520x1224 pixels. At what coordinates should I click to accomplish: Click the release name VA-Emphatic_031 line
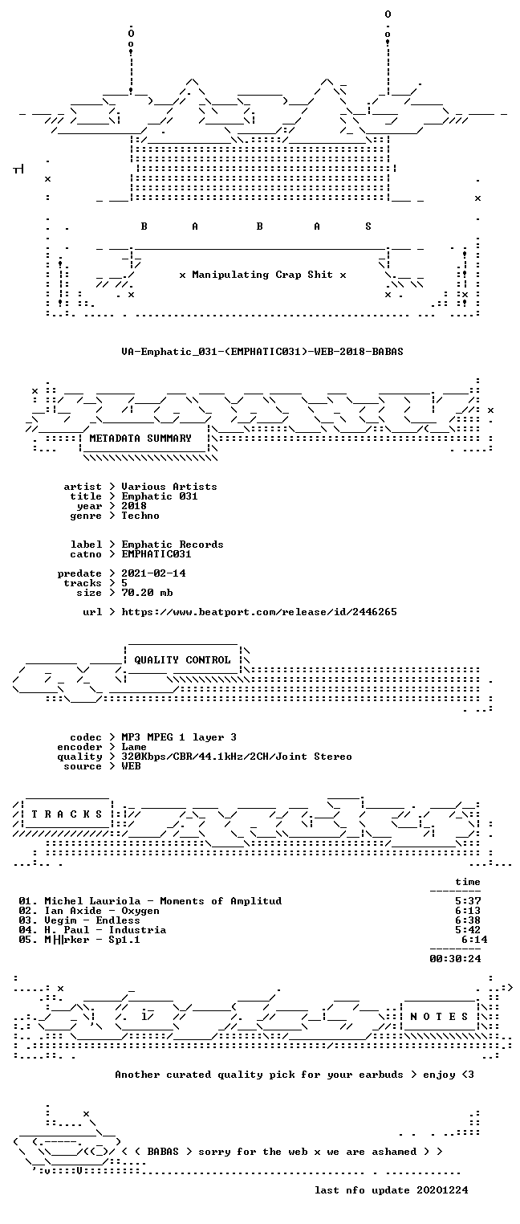262,351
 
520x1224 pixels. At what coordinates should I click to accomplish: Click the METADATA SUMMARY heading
140,439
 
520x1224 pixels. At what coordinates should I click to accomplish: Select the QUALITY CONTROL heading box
182,659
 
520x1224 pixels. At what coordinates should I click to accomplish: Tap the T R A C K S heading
67,814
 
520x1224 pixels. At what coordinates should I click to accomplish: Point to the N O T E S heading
439,1016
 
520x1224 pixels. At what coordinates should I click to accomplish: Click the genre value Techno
140,516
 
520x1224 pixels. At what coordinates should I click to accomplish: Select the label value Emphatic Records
172,545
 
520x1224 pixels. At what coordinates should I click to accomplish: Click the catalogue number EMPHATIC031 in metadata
156,554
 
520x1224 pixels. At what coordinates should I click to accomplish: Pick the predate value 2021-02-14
153,573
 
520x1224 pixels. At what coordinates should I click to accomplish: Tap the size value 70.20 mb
147,593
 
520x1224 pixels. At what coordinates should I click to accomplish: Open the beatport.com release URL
259,612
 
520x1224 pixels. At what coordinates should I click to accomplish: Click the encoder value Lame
134,747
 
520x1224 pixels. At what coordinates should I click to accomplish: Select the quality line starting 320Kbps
237,757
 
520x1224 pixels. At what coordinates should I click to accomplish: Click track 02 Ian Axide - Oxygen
89,911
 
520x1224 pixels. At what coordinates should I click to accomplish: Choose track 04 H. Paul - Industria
92,930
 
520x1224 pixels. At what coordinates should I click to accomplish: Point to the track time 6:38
468,920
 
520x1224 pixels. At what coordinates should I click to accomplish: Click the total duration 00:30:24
455,958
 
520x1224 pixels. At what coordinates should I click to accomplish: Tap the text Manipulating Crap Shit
262,275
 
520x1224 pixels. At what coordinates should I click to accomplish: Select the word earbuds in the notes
380,1075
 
